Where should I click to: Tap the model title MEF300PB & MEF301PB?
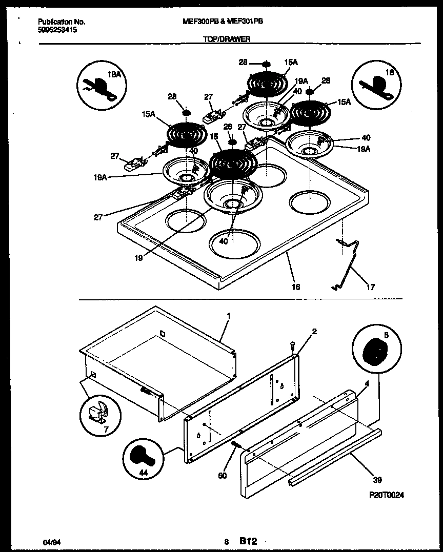click(x=223, y=22)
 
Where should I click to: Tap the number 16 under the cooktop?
click(x=295, y=287)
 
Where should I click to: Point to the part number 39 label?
click(x=377, y=481)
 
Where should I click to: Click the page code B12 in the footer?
click(x=248, y=541)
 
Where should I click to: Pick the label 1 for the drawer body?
click(x=229, y=316)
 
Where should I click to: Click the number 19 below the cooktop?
click(x=138, y=259)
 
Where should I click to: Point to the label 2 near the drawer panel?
click(x=314, y=332)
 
